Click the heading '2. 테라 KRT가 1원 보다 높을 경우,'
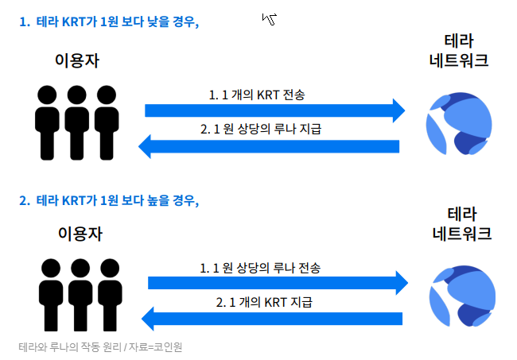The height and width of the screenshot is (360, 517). (109, 200)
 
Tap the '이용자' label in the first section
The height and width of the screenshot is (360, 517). (78, 60)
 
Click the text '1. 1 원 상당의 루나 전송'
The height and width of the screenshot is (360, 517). (265, 268)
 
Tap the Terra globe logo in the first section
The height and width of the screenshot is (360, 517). (451, 122)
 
